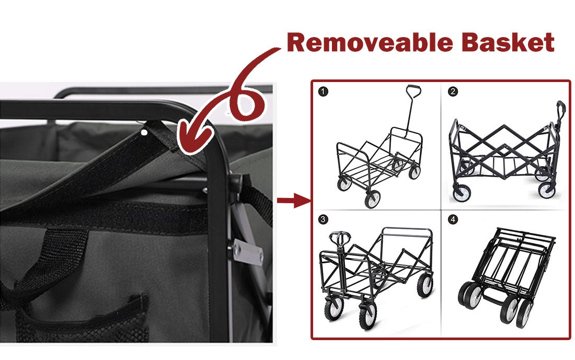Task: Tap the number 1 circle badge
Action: [x=324, y=92]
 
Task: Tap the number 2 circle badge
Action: [x=453, y=92]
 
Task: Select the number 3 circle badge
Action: [x=324, y=219]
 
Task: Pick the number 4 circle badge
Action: [x=453, y=219]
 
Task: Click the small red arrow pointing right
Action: [x=293, y=200]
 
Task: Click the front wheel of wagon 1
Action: [x=372, y=199]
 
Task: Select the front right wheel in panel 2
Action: [x=547, y=189]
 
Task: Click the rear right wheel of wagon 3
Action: [x=425, y=285]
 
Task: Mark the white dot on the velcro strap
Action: [x=144, y=133]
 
